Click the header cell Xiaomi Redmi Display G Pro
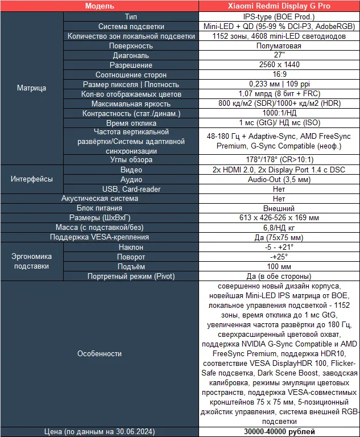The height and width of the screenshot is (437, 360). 279,6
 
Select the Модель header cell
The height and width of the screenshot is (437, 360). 99,6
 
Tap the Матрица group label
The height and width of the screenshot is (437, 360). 31,88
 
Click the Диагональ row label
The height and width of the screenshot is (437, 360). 131,56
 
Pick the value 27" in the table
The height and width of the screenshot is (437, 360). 279,56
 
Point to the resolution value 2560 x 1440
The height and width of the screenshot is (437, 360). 279,65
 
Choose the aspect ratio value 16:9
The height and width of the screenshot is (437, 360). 279,75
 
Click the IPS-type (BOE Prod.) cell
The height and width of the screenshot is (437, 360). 279,17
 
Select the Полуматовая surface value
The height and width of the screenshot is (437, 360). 279,46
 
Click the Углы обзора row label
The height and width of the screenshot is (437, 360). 131,160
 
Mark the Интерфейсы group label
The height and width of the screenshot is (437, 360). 31,179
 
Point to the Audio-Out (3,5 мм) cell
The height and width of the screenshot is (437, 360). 279,179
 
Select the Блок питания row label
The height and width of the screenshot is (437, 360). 99,208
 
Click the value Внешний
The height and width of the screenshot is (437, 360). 279,208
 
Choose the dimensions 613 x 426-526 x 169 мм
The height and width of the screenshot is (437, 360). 279,218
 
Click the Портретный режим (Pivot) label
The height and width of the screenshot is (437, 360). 131,277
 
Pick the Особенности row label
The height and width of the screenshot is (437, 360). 99,353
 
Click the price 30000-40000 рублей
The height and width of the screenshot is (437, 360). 279,431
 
